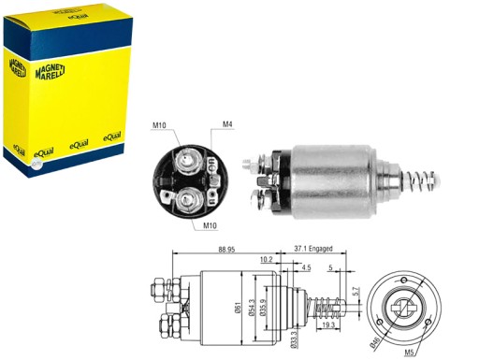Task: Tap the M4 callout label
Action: click(227, 123)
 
